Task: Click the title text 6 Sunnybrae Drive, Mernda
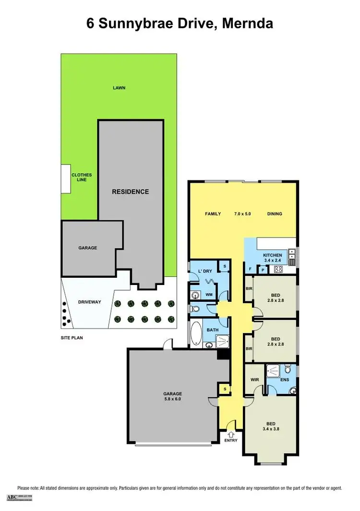180,24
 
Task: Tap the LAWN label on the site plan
119,88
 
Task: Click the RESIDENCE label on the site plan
130,191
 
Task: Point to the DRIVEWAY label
89,302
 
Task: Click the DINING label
275,214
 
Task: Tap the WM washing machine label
209,294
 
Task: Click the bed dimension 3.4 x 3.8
271,429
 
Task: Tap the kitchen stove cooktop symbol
278,269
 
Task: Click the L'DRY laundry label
205,271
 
